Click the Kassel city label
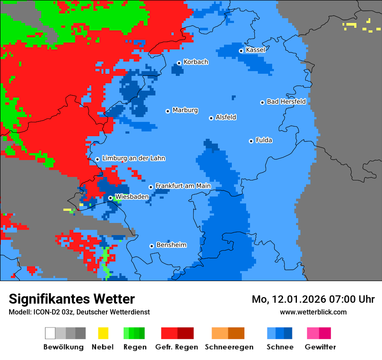(255, 50)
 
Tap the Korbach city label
(196, 62)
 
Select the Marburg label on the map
(185, 110)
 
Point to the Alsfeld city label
(226, 117)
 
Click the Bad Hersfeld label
(286, 101)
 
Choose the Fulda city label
(264, 140)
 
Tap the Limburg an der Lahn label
(133, 158)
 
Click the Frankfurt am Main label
(183, 186)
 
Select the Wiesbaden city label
(132, 197)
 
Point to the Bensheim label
(171, 245)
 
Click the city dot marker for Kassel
(241, 51)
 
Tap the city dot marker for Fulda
(251, 141)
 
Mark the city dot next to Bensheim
(151, 246)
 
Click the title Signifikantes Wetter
(72, 299)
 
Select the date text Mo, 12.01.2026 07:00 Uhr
(313, 299)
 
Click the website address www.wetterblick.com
(313, 312)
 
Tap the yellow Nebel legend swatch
(103, 333)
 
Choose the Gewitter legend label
(320, 347)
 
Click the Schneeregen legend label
(229, 347)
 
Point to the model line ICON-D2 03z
(79, 312)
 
